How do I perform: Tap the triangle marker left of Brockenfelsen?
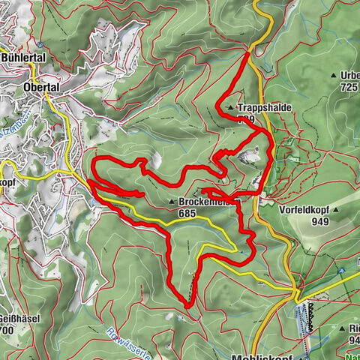tap(172, 202)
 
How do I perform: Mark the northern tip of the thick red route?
tap(248, 52)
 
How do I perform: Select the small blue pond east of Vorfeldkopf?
tap(341, 271)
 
